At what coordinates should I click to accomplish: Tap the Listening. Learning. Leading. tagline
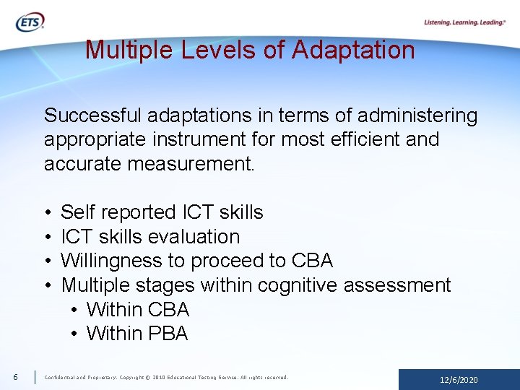tap(464, 22)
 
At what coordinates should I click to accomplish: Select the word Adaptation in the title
tap(354, 50)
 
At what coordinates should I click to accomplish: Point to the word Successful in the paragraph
tap(92, 116)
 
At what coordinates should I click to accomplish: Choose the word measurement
tap(191, 164)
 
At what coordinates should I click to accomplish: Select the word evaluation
tap(193, 237)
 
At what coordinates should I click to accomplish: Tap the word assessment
tap(397, 285)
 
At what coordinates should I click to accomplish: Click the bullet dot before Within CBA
tap(75, 311)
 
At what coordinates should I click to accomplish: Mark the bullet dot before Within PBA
tap(75, 334)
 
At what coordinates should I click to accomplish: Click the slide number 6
tap(14, 377)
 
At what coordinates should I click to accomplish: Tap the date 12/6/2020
tap(459, 380)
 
